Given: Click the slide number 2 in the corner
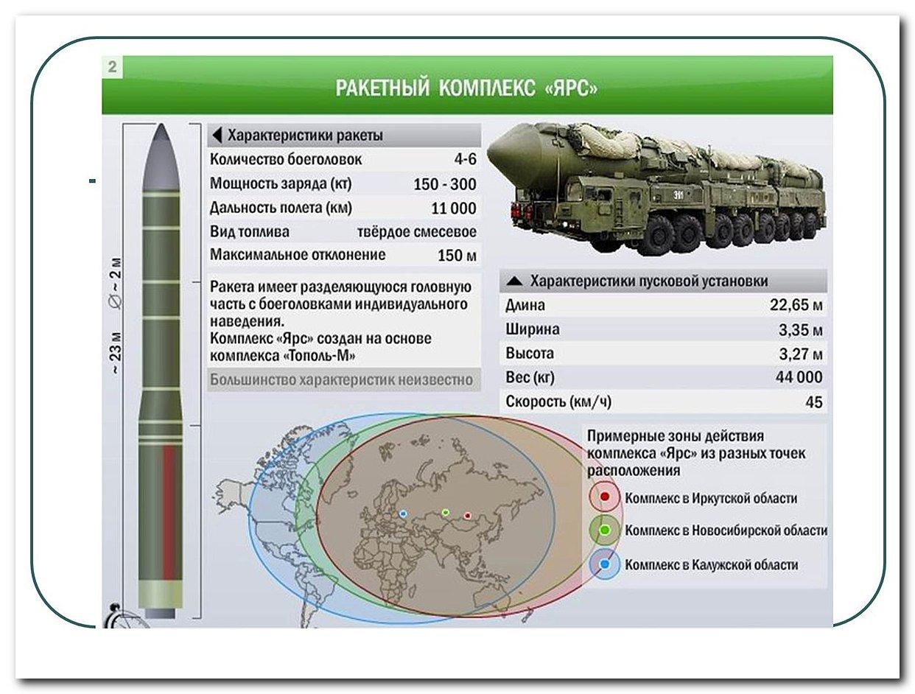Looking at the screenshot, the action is (112, 67).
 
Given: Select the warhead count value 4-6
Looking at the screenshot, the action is (465, 159).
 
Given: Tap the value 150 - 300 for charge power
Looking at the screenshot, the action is (444, 184).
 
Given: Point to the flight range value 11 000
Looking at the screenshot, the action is (454, 208).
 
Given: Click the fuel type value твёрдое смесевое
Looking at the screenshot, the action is (416, 232).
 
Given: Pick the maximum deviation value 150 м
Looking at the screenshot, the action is (457, 255).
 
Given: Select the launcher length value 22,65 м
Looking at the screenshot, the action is (796, 305).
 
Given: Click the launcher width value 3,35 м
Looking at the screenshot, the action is (800, 330).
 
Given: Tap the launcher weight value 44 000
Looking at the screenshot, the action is (799, 377).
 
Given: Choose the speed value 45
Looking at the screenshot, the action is (814, 402).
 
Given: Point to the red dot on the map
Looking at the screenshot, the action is (467, 516).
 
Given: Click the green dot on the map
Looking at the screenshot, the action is (445, 512).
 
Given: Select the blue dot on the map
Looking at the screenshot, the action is (403, 514).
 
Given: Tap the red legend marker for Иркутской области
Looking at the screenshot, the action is (605, 497).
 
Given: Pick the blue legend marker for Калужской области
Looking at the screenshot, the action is (604, 564).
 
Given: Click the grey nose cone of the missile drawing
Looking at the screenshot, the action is (161, 158).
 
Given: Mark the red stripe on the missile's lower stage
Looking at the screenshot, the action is (169, 513).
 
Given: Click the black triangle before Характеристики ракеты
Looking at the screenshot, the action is (217, 135).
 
